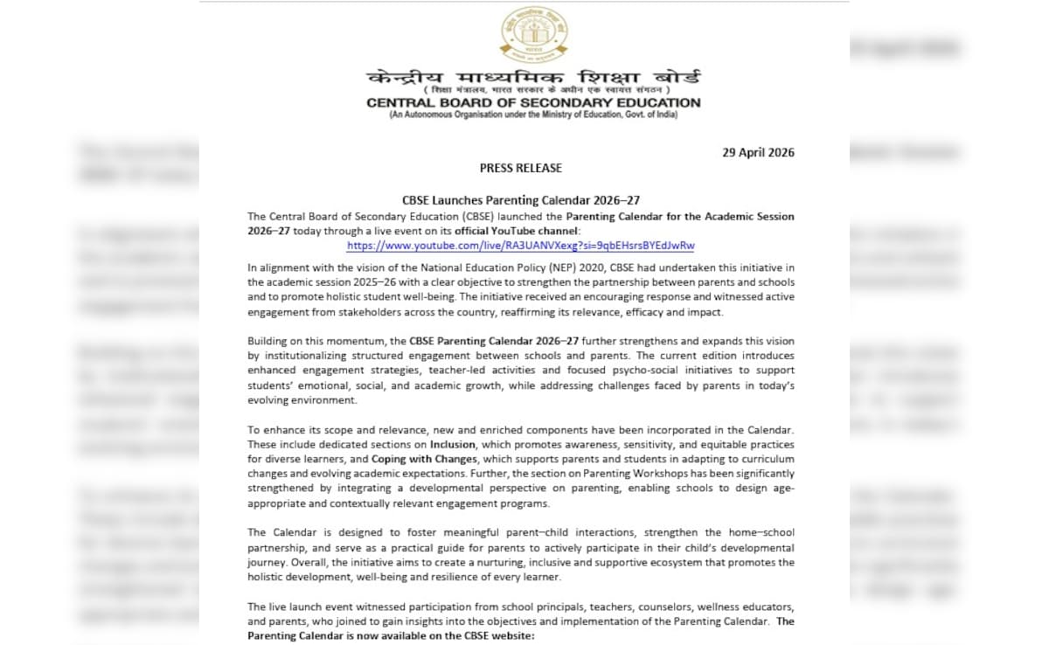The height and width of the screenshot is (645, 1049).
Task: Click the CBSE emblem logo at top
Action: click(533, 33)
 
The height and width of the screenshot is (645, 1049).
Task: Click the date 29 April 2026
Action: click(758, 152)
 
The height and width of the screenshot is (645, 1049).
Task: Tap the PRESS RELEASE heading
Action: click(521, 168)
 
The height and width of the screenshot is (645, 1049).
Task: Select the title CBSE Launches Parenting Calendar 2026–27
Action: click(520, 200)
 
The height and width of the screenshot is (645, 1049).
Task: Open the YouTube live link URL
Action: click(521, 246)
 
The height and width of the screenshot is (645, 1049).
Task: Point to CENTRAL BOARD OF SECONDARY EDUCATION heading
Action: click(533, 103)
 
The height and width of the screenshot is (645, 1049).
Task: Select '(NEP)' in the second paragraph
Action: click(559, 267)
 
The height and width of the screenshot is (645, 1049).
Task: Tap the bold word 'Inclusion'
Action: click(452, 445)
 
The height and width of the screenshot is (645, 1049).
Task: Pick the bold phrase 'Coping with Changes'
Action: click(424, 460)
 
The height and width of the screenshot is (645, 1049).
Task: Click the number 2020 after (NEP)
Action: click(594, 267)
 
